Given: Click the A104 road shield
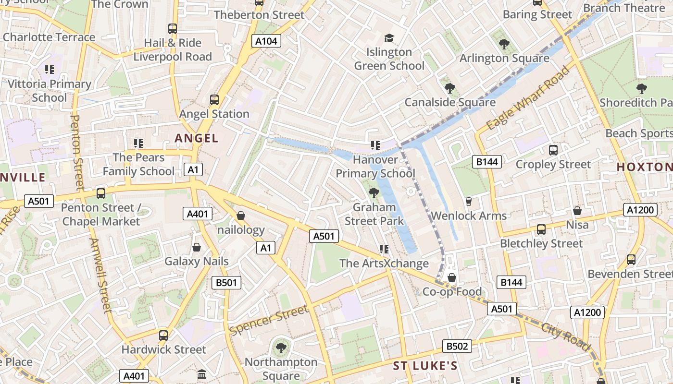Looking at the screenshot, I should [266, 41].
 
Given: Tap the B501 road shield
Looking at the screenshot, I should [226, 283].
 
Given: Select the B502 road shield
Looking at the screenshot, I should [457, 346].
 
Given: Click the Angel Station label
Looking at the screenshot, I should [214, 114].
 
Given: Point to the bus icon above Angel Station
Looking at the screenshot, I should [214, 100].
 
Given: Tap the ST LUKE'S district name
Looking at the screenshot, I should [425, 366].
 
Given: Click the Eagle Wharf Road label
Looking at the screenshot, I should [528, 98].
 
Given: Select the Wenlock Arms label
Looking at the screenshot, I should [469, 216].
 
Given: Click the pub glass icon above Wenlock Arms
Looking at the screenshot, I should [469, 202].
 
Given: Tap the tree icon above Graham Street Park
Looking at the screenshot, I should [374, 193].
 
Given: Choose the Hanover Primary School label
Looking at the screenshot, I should [375, 166].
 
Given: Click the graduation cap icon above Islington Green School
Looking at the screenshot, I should [388, 38].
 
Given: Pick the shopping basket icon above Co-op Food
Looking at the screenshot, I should [451, 277].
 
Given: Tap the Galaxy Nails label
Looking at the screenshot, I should [196, 261].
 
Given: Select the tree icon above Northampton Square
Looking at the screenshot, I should [281, 348].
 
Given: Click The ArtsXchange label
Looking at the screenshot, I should [384, 263].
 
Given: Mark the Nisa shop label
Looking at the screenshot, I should [577, 225].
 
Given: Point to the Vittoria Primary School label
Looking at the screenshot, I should [50, 91].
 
